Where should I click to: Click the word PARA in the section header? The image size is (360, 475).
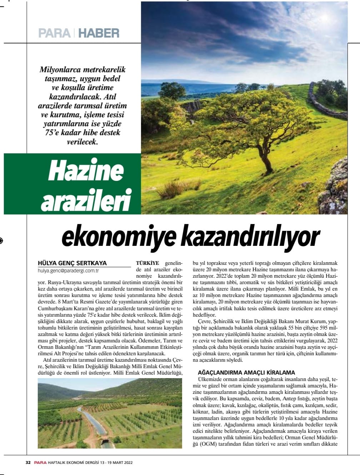[54, 33]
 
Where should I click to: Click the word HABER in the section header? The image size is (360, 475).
[99, 33]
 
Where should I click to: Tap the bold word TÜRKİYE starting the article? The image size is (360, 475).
[147, 263]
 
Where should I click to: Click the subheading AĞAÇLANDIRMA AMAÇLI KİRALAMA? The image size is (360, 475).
[246, 372]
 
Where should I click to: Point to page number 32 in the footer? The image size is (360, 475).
[28, 462]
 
